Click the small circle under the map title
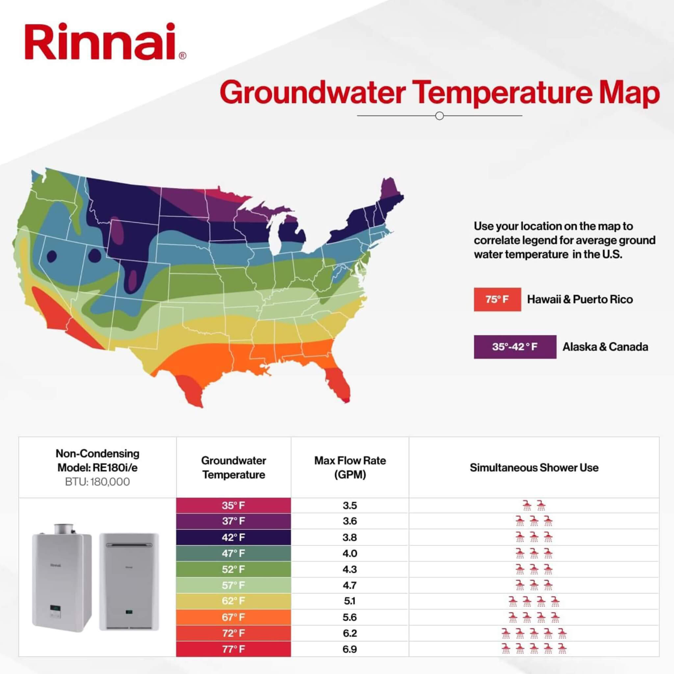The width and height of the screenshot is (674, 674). point(440,116)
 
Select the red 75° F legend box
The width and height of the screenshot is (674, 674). point(497,299)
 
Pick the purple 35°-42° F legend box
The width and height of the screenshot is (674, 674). point(515,347)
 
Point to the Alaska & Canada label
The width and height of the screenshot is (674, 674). point(605,347)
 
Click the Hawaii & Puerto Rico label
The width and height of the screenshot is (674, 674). point(580,299)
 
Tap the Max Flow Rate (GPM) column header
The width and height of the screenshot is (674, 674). point(350,467)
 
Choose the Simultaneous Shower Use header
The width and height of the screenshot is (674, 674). point(534,467)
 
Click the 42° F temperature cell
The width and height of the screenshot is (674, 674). point(233,537)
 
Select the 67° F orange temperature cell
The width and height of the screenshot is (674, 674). point(233,617)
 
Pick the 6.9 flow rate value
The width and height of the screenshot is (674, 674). point(350,649)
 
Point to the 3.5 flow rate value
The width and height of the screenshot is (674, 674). point(350,505)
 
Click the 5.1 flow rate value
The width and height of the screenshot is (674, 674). point(350,601)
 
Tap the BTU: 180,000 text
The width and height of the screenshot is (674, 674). point(97,482)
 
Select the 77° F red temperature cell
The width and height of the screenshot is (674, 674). point(233,649)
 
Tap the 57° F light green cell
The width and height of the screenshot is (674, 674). point(233,585)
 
